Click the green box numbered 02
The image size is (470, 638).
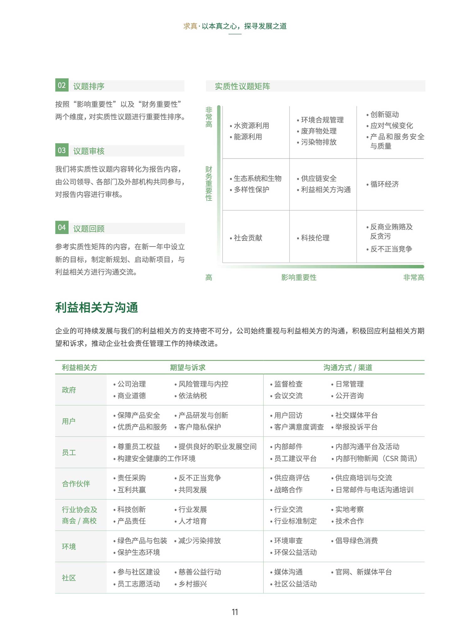coord(62,85)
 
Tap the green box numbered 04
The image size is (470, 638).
coord(62,227)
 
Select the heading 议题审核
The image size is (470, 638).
coord(89,151)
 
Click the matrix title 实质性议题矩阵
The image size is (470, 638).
coord(242,86)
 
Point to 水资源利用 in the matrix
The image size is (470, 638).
coord(251,126)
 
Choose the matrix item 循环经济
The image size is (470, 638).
coord(384,184)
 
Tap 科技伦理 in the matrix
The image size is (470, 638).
coord(315,238)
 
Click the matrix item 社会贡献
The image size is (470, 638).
coord(248,238)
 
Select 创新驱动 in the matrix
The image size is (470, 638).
coord(384,114)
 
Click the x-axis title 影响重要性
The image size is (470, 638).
coord(299,277)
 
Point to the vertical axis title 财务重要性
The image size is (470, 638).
coord(209,183)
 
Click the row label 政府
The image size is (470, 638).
coord(69,390)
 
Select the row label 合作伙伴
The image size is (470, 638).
coord(76,484)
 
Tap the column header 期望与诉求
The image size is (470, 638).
coord(187,367)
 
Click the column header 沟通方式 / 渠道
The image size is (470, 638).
coord(347,367)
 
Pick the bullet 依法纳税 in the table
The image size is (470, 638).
coord(192,396)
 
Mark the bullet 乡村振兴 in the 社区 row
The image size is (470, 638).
coord(192,584)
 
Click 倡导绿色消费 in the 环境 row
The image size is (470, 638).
coord(356,541)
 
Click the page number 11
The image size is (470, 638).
coord(235,612)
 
